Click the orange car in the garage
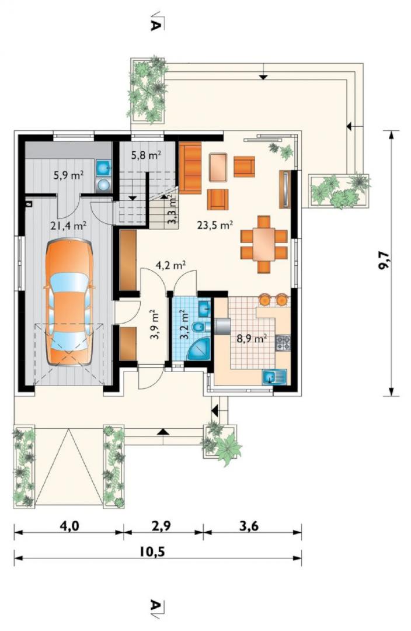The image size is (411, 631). pos(69,302)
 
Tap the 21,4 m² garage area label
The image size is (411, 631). pos(68,226)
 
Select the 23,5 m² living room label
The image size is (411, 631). pos(215,225)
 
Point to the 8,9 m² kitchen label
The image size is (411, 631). pos(252,338)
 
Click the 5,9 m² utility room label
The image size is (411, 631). pos(68,175)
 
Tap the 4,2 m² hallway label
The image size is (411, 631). pos(170,265)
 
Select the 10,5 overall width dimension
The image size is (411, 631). pos(153,551)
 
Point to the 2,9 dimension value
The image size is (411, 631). pos(161,526)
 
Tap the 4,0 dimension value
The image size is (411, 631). pos(68,526)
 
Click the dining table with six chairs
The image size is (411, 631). pos(264,245)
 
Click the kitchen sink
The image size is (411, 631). pos(274,377)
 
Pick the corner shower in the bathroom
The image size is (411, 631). pos(198,348)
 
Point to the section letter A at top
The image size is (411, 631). pos(156,25)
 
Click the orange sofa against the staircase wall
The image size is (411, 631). pos(190,168)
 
